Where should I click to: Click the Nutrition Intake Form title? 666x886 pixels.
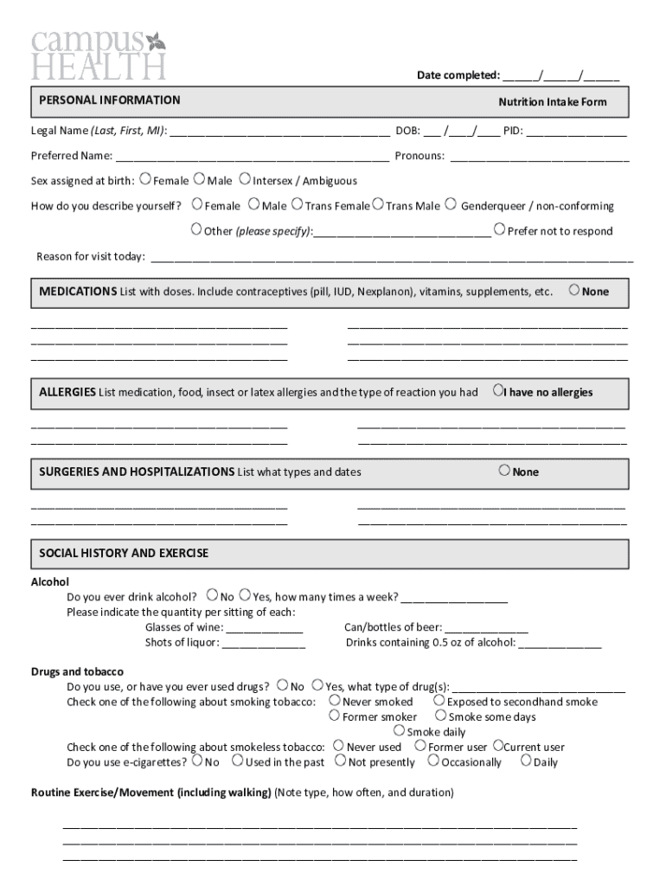552,102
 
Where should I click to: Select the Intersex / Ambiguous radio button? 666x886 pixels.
245,180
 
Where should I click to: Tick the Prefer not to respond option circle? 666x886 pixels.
499,229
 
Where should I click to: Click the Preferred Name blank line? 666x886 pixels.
252,157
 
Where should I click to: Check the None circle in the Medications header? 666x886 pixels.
574,290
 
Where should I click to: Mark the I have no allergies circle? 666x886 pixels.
497,391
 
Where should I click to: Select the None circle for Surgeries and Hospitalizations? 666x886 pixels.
504,471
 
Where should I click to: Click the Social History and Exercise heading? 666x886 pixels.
124,553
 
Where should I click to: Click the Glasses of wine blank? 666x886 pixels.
264,628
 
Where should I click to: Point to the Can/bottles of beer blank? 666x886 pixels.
486,628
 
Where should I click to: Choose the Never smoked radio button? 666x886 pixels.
335,701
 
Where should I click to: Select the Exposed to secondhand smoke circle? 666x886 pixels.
439,701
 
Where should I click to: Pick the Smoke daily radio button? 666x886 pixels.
399,731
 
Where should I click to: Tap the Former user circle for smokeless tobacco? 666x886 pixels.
420,746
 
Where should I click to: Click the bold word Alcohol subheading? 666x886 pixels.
50,582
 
